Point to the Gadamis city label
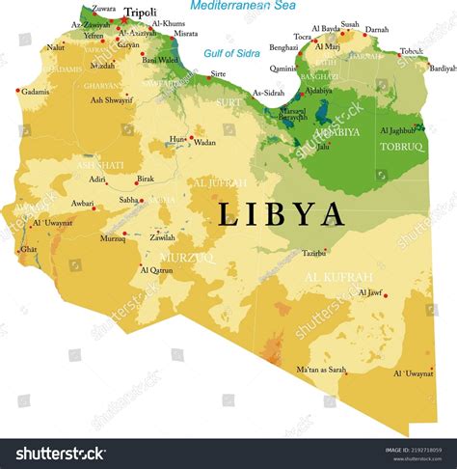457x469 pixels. point(36,92)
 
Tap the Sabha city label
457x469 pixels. point(128,201)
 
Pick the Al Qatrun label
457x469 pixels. point(157,271)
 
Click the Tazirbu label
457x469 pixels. point(314,253)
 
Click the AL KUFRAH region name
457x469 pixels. point(337,278)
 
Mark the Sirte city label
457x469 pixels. point(219,73)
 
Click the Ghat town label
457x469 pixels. point(29,248)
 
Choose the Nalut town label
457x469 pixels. point(56,46)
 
